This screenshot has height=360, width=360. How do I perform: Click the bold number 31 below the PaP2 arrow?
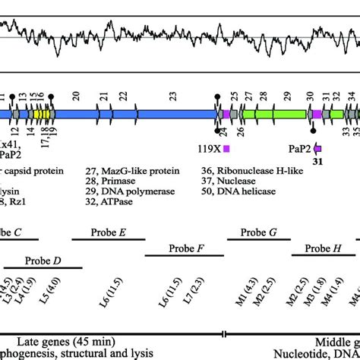(319, 161)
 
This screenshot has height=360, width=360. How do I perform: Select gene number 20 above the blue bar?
(76, 96)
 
